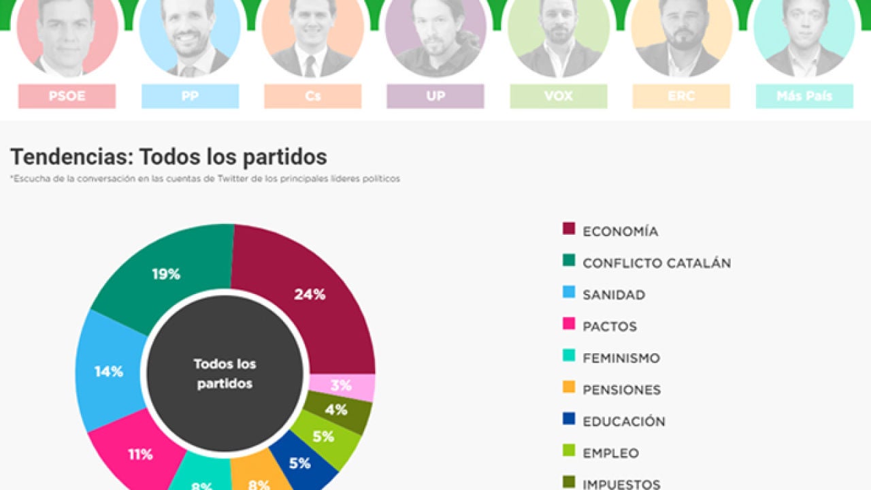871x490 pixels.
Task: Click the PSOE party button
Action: [67, 96]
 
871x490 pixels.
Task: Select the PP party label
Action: [190, 96]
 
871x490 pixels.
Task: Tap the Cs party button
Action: [313, 96]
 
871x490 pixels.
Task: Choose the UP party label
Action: [435, 96]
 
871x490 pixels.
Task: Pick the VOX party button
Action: [559, 96]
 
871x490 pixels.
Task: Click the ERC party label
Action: [681, 96]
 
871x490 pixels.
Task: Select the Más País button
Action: [804, 96]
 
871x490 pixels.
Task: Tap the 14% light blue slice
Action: [109, 372]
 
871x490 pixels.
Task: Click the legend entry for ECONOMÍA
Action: [620, 231]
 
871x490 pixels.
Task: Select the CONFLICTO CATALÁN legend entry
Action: [656, 263]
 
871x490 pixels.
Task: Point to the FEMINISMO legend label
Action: [621, 358]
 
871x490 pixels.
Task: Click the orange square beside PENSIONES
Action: [569, 387]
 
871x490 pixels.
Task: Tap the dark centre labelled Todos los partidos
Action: [225, 374]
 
